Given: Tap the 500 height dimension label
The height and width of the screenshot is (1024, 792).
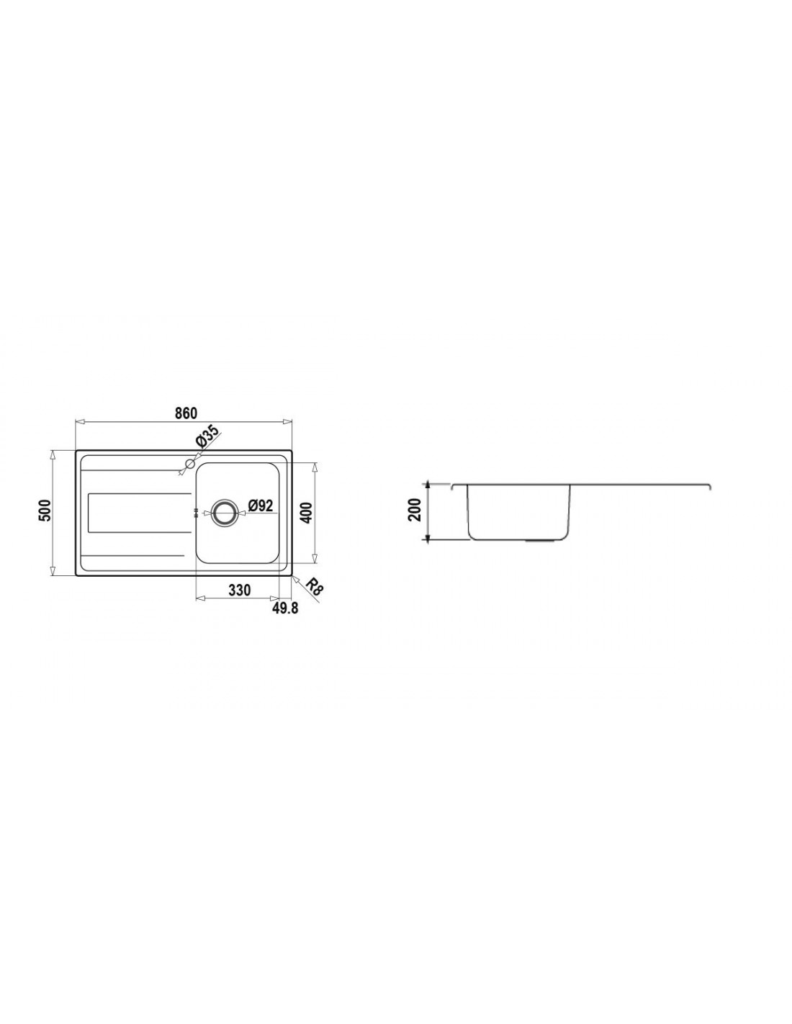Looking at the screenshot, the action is [45, 511].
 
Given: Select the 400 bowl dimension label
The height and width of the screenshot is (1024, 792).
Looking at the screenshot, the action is [306, 513].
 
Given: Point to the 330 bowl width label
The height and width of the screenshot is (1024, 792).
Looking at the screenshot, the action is [239, 590].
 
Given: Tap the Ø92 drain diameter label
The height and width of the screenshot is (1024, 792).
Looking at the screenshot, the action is [261, 506].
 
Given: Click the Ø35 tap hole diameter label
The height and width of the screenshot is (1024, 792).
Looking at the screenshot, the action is [207, 436].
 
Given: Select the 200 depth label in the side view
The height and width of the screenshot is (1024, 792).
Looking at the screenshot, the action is [415, 509].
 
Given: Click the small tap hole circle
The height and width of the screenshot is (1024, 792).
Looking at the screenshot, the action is [190, 464].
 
